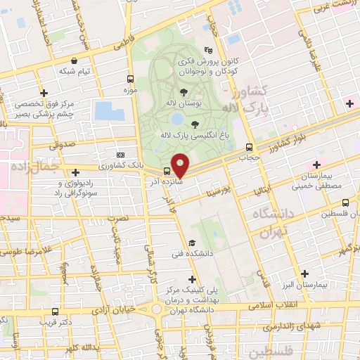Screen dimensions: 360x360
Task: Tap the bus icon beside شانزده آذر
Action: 167,171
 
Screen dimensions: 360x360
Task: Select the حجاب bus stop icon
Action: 250,147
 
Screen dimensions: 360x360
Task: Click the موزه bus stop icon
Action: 130,79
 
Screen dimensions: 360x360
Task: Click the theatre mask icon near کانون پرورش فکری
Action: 207,50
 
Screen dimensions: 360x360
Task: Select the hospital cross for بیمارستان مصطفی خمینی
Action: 317,165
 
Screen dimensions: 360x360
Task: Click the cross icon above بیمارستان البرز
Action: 304,274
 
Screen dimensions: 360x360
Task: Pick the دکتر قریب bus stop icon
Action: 56,311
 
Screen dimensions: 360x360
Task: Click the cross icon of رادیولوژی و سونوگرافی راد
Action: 75,172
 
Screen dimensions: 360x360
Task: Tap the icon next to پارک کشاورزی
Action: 120,155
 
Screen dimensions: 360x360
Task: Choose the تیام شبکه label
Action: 77,71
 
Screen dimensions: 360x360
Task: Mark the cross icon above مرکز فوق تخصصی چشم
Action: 44,92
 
